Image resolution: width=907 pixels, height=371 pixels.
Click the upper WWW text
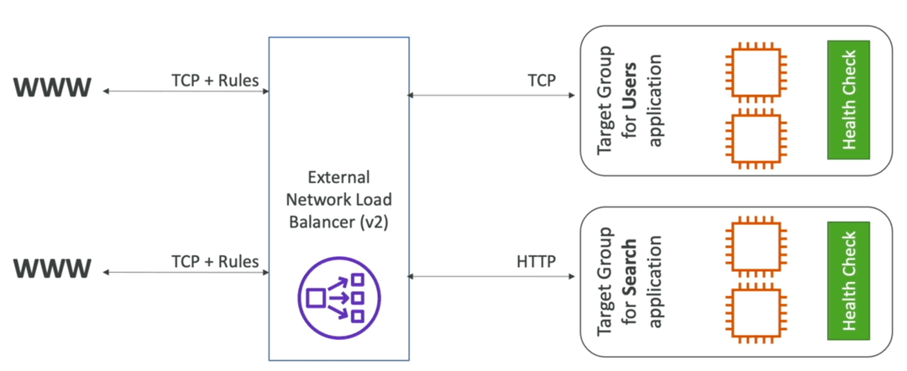(x=53, y=87)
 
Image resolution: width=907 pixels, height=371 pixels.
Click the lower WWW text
(x=53, y=268)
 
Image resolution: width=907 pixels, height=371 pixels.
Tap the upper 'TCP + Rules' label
(x=215, y=81)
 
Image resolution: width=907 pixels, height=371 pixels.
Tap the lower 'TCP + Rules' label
(x=215, y=261)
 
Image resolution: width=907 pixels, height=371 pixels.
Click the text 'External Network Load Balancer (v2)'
(x=339, y=200)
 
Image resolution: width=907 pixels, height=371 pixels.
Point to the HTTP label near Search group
(x=536, y=261)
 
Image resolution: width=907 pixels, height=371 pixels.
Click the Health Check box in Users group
(x=849, y=99)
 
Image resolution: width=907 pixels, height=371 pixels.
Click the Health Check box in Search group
(x=849, y=280)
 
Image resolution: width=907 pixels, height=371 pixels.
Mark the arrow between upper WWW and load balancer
(x=186, y=91)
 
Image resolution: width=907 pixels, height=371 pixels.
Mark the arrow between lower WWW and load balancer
(x=186, y=272)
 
